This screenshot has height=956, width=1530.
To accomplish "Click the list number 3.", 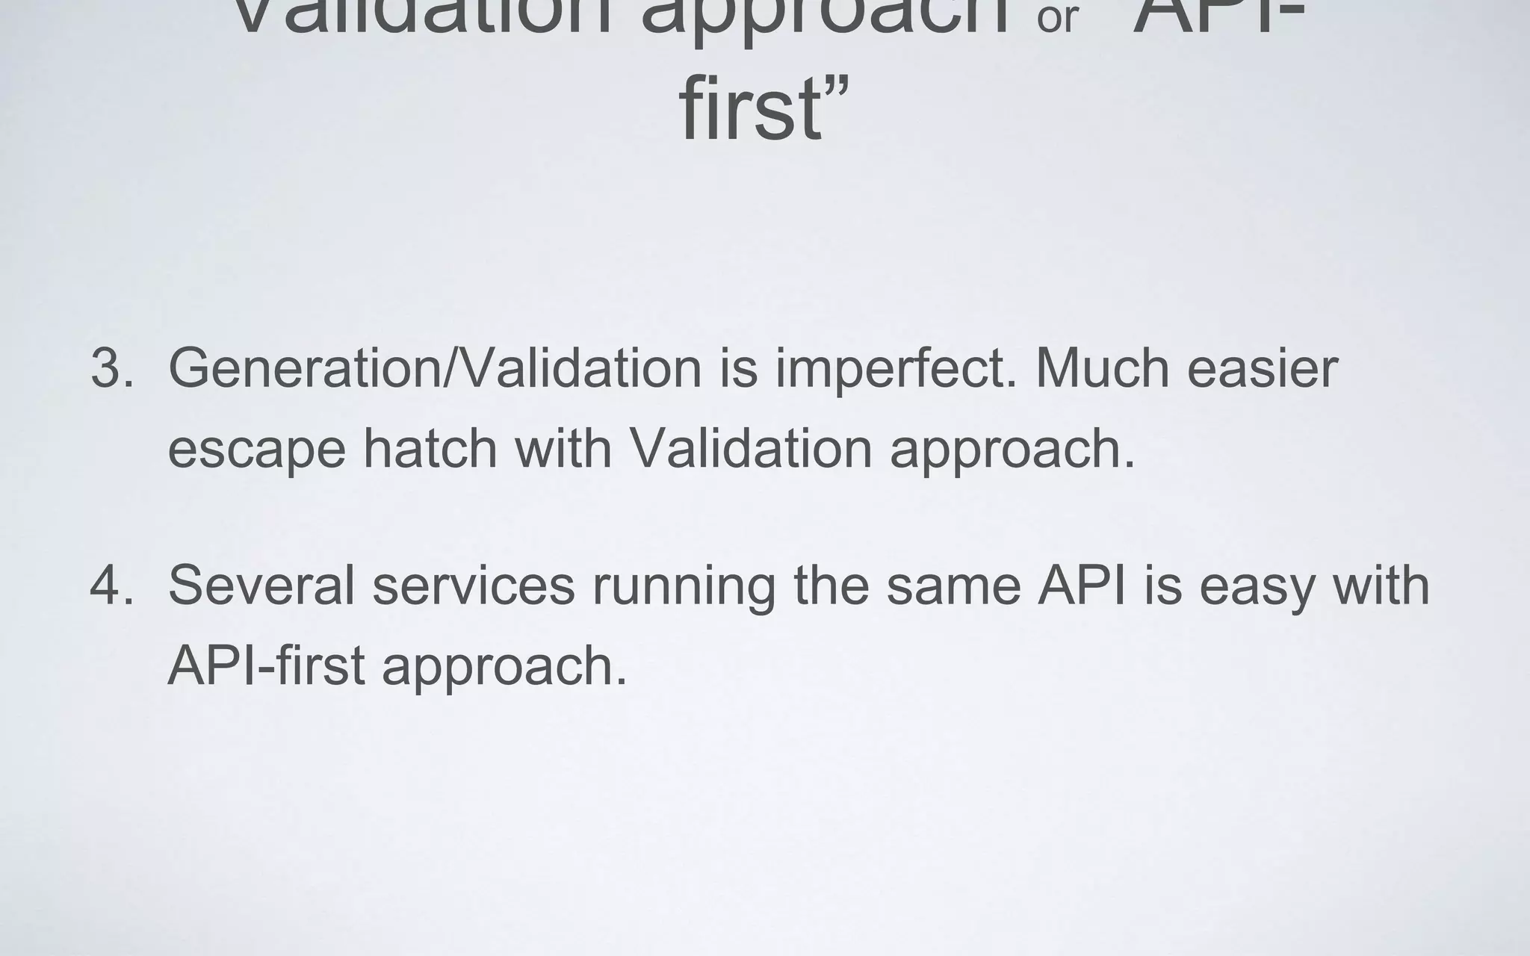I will click(x=112, y=367).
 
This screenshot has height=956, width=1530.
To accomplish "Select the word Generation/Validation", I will click(x=435, y=367).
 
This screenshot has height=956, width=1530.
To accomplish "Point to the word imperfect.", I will click(x=896, y=367).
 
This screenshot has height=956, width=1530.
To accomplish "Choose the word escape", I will click(x=256, y=450).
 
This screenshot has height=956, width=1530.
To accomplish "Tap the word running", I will click(x=684, y=587).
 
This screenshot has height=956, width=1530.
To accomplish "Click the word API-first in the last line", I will click(x=266, y=665).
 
